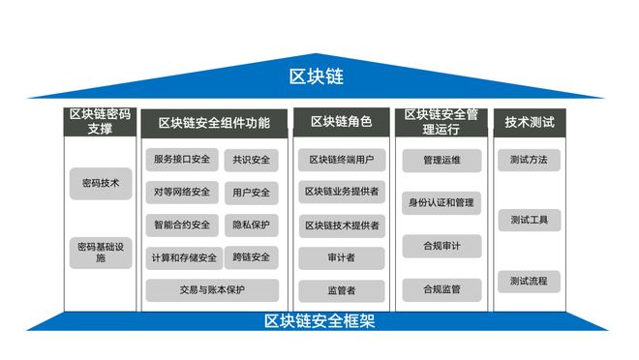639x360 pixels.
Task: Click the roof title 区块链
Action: (317, 76)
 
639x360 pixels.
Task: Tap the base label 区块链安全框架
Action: (319, 321)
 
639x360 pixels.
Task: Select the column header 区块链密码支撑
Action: (99, 122)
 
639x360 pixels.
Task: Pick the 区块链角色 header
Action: (341, 122)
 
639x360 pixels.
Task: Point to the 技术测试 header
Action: (530, 122)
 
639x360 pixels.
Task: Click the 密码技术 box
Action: (101, 183)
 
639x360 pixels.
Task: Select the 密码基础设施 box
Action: (101, 253)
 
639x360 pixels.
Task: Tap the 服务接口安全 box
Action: (181, 160)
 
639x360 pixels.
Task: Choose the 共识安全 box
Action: (252, 160)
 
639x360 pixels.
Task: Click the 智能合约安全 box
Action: (181, 225)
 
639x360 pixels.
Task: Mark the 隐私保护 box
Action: (252, 225)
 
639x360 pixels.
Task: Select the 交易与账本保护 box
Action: (212, 289)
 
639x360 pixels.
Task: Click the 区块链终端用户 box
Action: (341, 160)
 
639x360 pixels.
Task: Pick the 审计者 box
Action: (341, 257)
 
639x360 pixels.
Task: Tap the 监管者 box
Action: (341, 289)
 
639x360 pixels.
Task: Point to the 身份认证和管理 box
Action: (441, 202)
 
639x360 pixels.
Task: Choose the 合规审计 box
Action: (441, 246)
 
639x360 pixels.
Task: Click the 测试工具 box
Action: (530, 221)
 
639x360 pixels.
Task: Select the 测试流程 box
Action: (530, 282)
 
